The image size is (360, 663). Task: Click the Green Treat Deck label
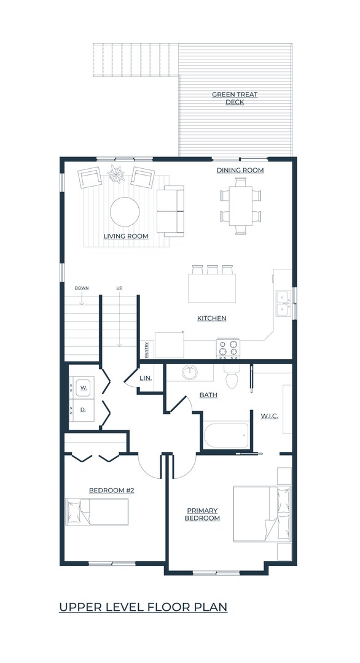pyautogui.click(x=235, y=98)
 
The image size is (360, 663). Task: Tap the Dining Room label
pyautogui.click(x=240, y=170)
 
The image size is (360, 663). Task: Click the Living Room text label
pyautogui.click(x=125, y=236)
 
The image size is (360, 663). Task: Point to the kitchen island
pyautogui.click(x=212, y=288)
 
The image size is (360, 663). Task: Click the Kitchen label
pyautogui.click(x=211, y=318)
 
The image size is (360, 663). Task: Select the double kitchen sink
pyautogui.click(x=283, y=303)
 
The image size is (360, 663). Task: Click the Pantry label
pyautogui.click(x=147, y=350)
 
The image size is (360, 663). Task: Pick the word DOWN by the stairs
pyautogui.click(x=82, y=288)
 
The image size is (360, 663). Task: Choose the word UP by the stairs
pyautogui.click(x=119, y=288)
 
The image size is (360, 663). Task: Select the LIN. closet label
pyautogui.click(x=146, y=378)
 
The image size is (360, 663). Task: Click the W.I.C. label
pyautogui.click(x=269, y=416)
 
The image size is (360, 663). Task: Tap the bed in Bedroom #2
pyautogui.click(x=97, y=511)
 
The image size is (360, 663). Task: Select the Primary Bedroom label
pyautogui.click(x=203, y=514)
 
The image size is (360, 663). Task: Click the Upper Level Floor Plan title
pyautogui.click(x=143, y=607)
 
